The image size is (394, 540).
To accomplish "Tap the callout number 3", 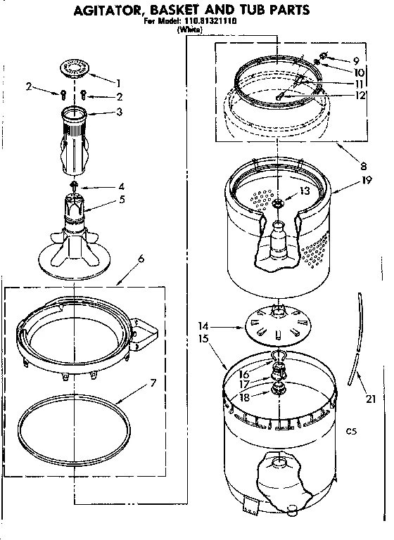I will pos(119,111).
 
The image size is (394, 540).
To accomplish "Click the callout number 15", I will pos(204,339).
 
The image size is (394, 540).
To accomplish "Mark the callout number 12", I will pos(360,96).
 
